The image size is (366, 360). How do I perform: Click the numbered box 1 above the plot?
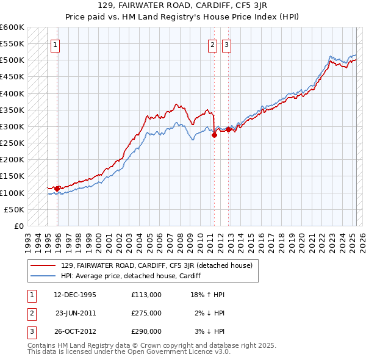point(56,44)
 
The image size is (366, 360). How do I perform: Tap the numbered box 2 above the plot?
point(212,44)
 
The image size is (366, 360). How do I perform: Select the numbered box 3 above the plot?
point(226,44)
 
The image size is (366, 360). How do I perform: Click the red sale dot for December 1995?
point(57,189)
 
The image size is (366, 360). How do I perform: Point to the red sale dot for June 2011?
point(214,135)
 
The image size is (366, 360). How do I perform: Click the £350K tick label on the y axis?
point(12,110)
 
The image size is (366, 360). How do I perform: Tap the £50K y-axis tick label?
point(15,209)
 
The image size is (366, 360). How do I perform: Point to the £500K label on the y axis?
point(12,60)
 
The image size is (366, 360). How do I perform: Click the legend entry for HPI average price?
point(131,276)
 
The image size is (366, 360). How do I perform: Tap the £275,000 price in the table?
point(146,313)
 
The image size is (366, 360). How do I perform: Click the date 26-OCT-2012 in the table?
point(75,332)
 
